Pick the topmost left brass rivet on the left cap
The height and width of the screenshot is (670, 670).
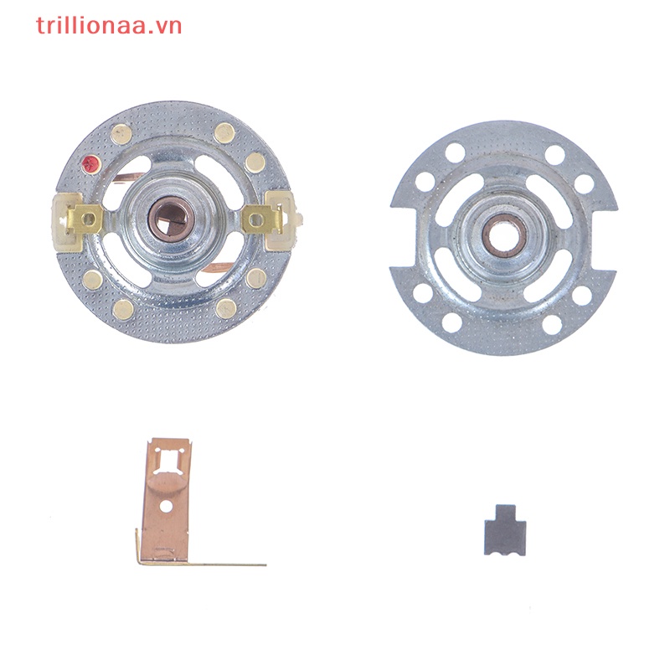click(x=123, y=132)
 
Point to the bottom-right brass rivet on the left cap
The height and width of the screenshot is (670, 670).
click(x=226, y=308)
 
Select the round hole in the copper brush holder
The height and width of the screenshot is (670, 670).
click(x=167, y=507)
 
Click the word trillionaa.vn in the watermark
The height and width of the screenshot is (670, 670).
click(x=109, y=25)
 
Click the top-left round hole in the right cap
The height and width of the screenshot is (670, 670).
click(x=455, y=153)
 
